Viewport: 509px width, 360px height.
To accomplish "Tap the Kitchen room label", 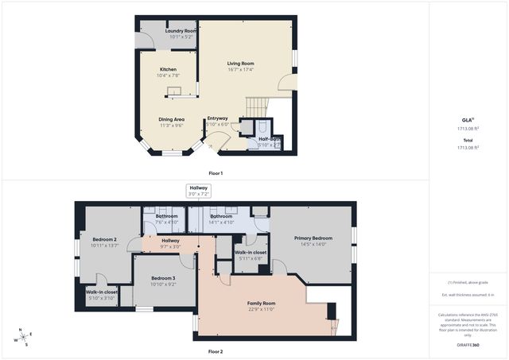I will [168, 70].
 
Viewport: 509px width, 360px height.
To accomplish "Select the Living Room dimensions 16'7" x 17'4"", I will [240, 70].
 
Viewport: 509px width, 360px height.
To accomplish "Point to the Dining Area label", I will [172, 119].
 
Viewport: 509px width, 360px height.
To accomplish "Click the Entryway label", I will [217, 118].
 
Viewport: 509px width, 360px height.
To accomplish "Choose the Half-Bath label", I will [269, 139].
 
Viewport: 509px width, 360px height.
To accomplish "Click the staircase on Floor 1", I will [257, 106].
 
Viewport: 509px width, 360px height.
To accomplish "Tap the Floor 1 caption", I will [216, 172].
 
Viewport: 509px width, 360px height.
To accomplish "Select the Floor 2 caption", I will [216, 350].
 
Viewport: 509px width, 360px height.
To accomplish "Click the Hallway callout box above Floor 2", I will [198, 191].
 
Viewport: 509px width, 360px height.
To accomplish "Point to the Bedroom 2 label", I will [104, 239].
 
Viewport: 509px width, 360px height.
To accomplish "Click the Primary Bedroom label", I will [313, 238].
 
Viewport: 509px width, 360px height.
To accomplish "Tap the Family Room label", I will [262, 304].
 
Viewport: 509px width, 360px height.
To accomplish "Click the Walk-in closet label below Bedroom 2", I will [102, 292].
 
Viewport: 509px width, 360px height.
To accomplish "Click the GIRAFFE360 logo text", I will [468, 346].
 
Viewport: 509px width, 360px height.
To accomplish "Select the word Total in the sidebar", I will [468, 141].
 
